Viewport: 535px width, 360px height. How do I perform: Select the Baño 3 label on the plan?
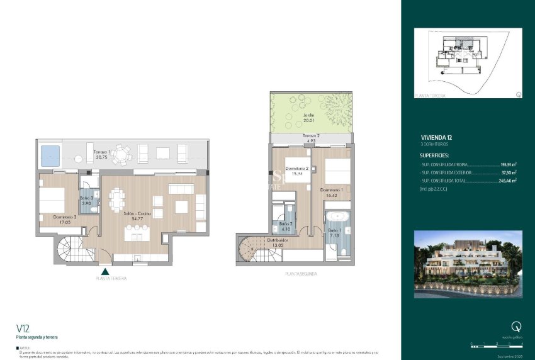click(87, 201)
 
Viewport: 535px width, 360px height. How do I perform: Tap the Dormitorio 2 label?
click(297, 170)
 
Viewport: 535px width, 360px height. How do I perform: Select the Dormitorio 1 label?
click(332, 192)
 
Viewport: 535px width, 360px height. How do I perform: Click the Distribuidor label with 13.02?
click(277, 242)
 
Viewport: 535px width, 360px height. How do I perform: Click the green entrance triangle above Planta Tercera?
click(105, 272)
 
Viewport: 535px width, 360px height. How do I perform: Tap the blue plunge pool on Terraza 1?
click(50, 154)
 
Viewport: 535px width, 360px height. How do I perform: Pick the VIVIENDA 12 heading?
click(436, 136)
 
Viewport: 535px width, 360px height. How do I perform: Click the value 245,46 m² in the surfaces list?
click(507, 180)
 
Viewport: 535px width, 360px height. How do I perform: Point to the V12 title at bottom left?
click(24, 328)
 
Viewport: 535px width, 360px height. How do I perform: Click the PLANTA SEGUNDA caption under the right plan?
click(301, 274)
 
